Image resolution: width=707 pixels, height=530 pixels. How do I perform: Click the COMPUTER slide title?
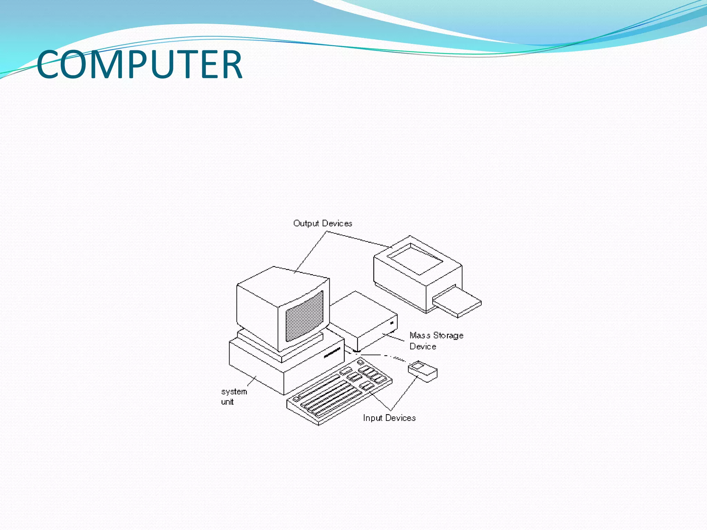click(139, 64)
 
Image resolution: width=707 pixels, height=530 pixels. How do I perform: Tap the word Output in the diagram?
click(306, 224)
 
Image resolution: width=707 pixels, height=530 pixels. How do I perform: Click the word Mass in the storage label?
click(420, 335)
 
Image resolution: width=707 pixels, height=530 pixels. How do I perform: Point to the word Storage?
click(448, 336)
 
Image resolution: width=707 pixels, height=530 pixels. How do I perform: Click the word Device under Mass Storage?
click(423, 346)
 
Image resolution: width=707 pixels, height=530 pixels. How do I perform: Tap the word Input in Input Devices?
click(372, 418)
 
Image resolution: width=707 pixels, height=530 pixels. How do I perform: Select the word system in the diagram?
click(234, 392)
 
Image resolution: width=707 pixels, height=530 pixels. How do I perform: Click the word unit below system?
click(227, 402)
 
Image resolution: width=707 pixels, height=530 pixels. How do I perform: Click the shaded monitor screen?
click(304, 316)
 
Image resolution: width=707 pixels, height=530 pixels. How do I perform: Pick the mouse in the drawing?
click(423, 371)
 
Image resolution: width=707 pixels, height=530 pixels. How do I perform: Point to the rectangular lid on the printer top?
click(415, 259)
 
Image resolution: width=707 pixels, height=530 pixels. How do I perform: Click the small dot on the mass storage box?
click(392, 323)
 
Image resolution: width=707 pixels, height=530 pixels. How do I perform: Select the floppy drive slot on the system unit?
click(332, 353)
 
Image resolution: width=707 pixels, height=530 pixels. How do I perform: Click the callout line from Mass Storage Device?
click(394, 337)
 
